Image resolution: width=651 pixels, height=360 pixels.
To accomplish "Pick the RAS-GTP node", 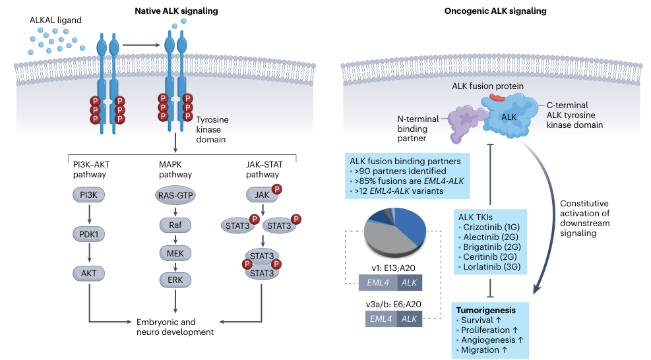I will click(x=175, y=196).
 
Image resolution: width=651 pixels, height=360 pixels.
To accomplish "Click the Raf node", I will click(x=175, y=224).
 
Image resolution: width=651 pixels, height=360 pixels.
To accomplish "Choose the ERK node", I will click(x=175, y=280).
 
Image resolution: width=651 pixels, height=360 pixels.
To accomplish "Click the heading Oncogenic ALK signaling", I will click(x=500, y=11).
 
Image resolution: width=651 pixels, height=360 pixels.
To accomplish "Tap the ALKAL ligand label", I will click(x=56, y=20).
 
